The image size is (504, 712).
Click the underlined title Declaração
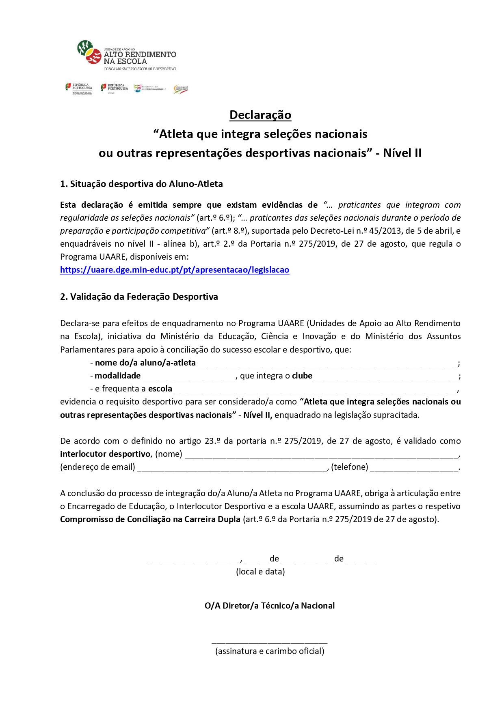260,115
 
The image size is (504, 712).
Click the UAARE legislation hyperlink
175,270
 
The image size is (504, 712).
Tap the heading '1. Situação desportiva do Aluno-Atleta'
141,184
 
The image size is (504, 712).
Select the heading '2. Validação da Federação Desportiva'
139,297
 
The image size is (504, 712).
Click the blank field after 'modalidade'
189,376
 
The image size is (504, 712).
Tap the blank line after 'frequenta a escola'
316,389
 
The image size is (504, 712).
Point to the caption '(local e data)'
260,572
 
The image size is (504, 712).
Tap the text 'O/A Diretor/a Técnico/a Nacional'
270,606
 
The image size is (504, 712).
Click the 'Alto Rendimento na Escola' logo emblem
89,52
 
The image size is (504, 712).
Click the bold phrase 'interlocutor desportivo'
105,454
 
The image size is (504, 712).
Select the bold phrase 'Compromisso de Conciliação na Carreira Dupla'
150,519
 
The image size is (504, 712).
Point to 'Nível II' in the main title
402,153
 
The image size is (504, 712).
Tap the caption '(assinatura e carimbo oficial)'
270,651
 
